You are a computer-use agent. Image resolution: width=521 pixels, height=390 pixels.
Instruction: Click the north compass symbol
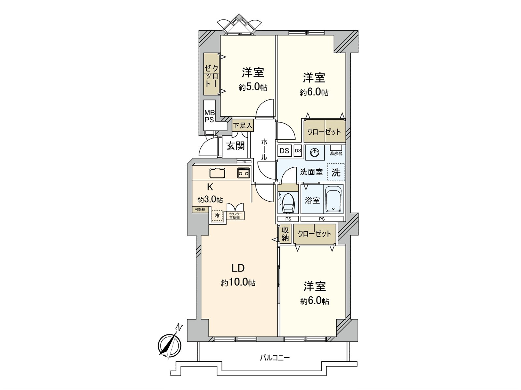point(169,344)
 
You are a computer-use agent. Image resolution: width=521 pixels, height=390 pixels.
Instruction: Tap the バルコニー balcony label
point(275,358)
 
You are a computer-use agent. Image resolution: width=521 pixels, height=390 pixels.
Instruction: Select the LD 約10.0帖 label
point(238,275)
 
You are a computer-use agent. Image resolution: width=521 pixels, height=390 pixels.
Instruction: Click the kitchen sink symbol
point(217,173)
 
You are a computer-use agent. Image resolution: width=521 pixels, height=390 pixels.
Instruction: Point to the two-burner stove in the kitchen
point(244,173)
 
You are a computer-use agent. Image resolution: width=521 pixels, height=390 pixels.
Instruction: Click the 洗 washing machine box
point(336,172)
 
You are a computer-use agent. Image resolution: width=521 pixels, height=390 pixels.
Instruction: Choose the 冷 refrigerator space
point(217,215)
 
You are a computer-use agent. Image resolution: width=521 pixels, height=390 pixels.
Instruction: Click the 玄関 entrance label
point(235,146)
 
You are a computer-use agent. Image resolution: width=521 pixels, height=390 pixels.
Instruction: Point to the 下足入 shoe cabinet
point(243,125)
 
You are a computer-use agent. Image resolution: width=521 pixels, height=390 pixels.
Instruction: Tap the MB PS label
point(209,116)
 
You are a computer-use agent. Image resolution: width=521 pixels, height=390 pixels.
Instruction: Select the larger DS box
point(285,151)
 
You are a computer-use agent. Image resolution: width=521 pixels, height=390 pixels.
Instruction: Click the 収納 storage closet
point(285,234)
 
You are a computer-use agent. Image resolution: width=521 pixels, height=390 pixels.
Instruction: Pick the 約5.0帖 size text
point(253,87)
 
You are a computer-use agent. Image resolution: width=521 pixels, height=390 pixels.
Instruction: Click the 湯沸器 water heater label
point(336,153)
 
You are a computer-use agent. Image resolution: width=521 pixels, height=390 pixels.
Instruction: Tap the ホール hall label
point(264,149)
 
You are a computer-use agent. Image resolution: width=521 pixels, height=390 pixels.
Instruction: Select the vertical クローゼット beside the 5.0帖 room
point(211,74)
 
